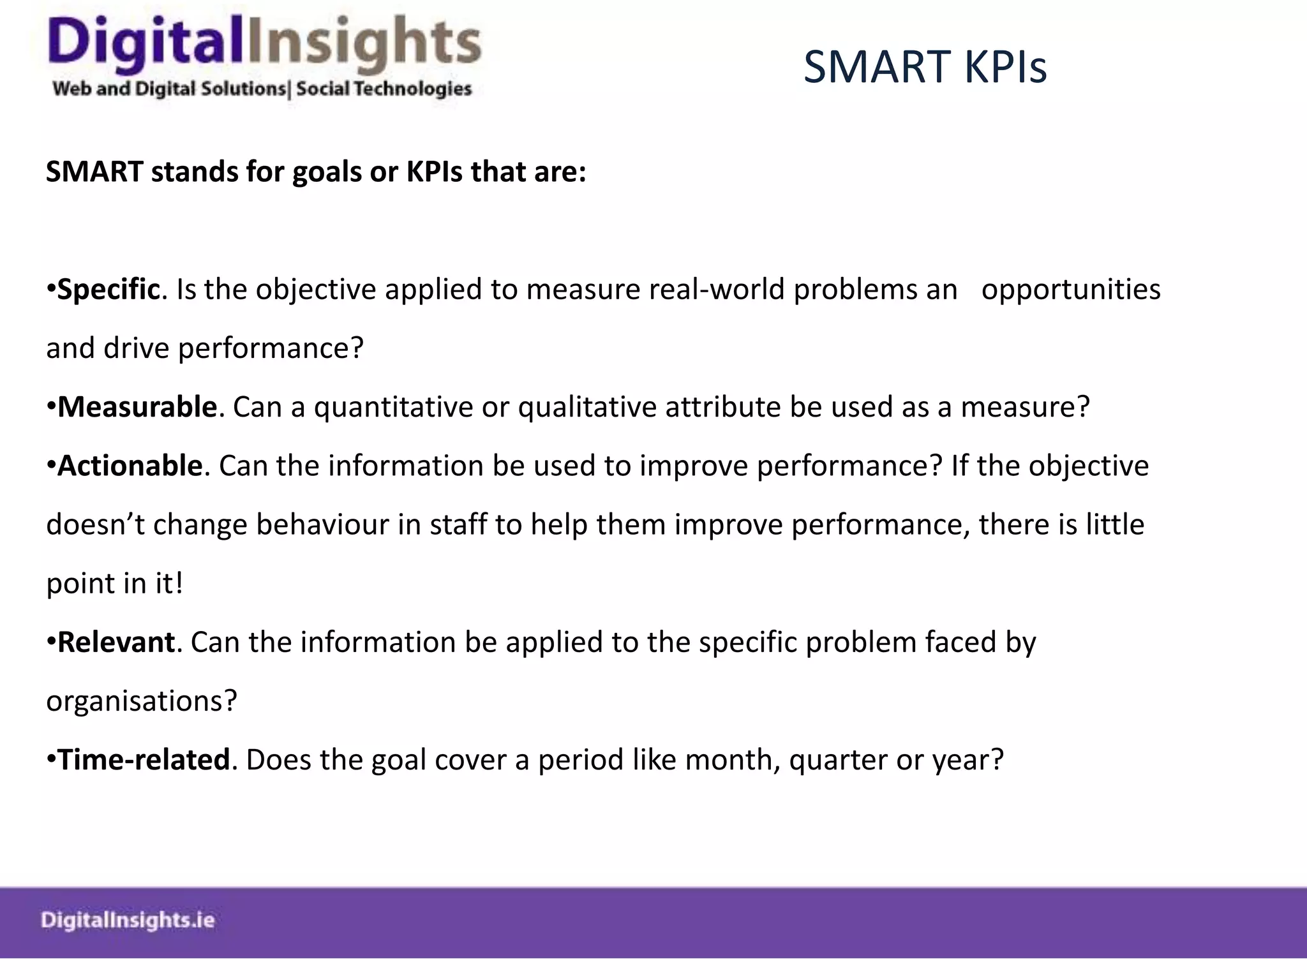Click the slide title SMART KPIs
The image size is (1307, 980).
point(925,67)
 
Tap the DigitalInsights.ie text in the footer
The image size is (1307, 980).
point(128,920)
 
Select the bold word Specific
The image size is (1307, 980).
point(108,290)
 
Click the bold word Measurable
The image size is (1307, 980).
point(137,407)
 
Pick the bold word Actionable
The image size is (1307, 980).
point(130,466)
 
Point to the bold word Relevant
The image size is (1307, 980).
point(116,642)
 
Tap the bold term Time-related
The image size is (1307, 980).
point(144,760)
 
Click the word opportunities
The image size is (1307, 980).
point(1070,290)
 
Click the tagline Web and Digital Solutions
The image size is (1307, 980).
point(169,89)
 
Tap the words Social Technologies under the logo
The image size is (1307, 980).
point(384,89)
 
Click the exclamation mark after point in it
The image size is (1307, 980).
point(179,583)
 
